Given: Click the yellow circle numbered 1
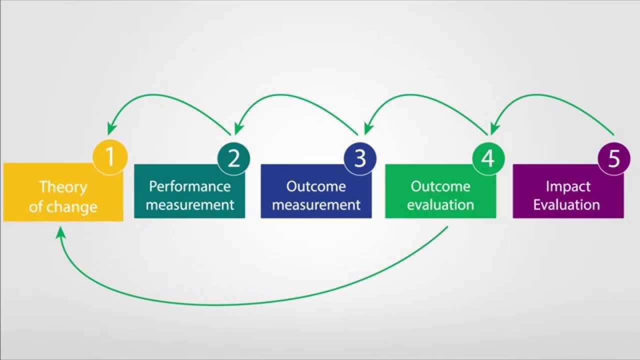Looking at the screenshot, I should [110, 158].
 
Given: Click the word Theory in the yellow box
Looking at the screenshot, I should [63, 187].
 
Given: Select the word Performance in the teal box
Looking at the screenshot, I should [190, 186].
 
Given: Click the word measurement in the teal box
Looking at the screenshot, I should [190, 204].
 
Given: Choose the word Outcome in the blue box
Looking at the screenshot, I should [316, 186].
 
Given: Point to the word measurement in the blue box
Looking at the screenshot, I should [316, 204].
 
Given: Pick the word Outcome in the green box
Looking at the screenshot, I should [440, 186].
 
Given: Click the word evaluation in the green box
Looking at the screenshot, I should [440, 204].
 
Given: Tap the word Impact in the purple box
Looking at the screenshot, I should [568, 186].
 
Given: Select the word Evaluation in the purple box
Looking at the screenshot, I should [566, 204].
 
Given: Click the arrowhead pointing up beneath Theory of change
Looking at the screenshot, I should [60, 232].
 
